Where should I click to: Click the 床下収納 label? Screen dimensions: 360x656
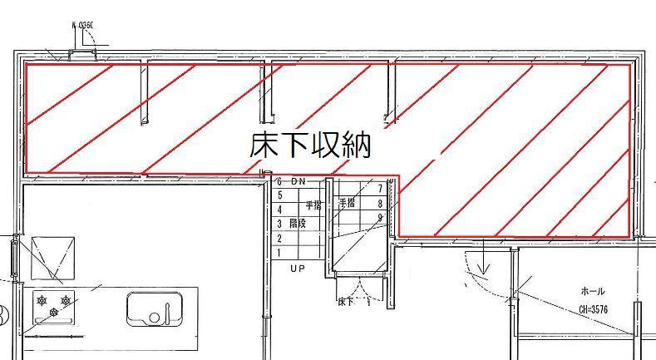click(x=309, y=146)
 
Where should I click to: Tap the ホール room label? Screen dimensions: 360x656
click(x=592, y=292)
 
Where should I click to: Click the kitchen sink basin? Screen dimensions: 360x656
click(x=154, y=308)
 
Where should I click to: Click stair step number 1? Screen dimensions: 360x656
click(x=279, y=252)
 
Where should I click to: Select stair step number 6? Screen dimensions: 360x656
click(x=279, y=181)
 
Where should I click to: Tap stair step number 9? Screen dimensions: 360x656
click(x=380, y=218)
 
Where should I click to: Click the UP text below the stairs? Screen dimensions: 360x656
click(x=297, y=269)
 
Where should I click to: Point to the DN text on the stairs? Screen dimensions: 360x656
click(x=298, y=181)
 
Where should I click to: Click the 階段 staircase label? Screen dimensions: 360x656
click(x=297, y=224)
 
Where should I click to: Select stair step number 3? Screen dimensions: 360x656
click(x=279, y=224)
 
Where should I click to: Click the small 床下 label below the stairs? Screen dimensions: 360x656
click(x=346, y=301)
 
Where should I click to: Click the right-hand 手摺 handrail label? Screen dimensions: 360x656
click(x=347, y=202)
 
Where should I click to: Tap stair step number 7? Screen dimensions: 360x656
click(x=380, y=189)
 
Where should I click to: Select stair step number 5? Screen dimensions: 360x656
click(x=279, y=195)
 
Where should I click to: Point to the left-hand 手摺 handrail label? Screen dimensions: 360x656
click(x=313, y=205)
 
